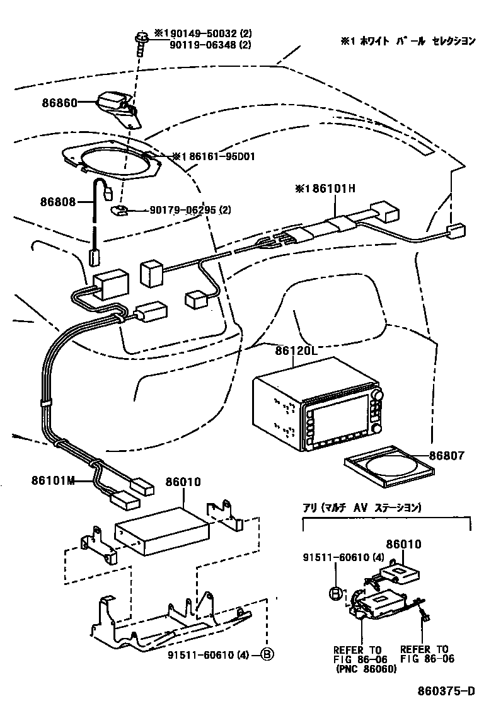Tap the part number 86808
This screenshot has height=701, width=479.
59,202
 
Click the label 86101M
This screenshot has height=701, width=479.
53,481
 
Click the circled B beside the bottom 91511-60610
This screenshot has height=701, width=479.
267,655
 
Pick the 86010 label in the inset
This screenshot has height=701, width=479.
403,544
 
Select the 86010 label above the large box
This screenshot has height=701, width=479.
183,482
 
